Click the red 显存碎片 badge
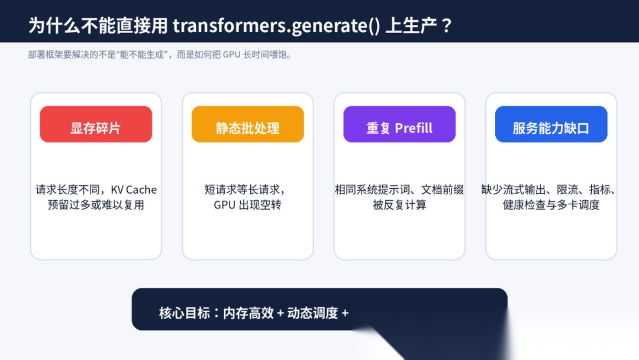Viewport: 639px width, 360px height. [x=96, y=124]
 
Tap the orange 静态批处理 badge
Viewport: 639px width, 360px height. [x=248, y=124]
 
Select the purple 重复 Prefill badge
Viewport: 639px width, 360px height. [x=399, y=124]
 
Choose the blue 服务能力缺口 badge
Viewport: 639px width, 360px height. [x=551, y=124]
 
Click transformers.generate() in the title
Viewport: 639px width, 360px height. [x=276, y=25]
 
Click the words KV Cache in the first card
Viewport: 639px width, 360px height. [x=134, y=190]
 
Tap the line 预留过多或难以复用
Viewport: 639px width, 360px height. [x=96, y=205]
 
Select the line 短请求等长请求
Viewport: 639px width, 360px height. [x=244, y=189]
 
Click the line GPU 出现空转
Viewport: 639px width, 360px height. [x=247, y=205]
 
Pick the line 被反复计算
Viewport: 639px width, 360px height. [x=399, y=205]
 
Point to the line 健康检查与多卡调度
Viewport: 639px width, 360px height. [x=551, y=205]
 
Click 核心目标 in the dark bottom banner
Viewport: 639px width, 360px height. [x=185, y=313]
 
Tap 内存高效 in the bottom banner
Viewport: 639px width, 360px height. [x=248, y=313]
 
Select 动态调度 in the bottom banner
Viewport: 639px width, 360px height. [x=312, y=313]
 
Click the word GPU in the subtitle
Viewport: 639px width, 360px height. [x=231, y=54]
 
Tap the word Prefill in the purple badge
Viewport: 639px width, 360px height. [x=414, y=128]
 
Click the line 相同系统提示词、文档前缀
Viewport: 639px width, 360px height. [x=399, y=189]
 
